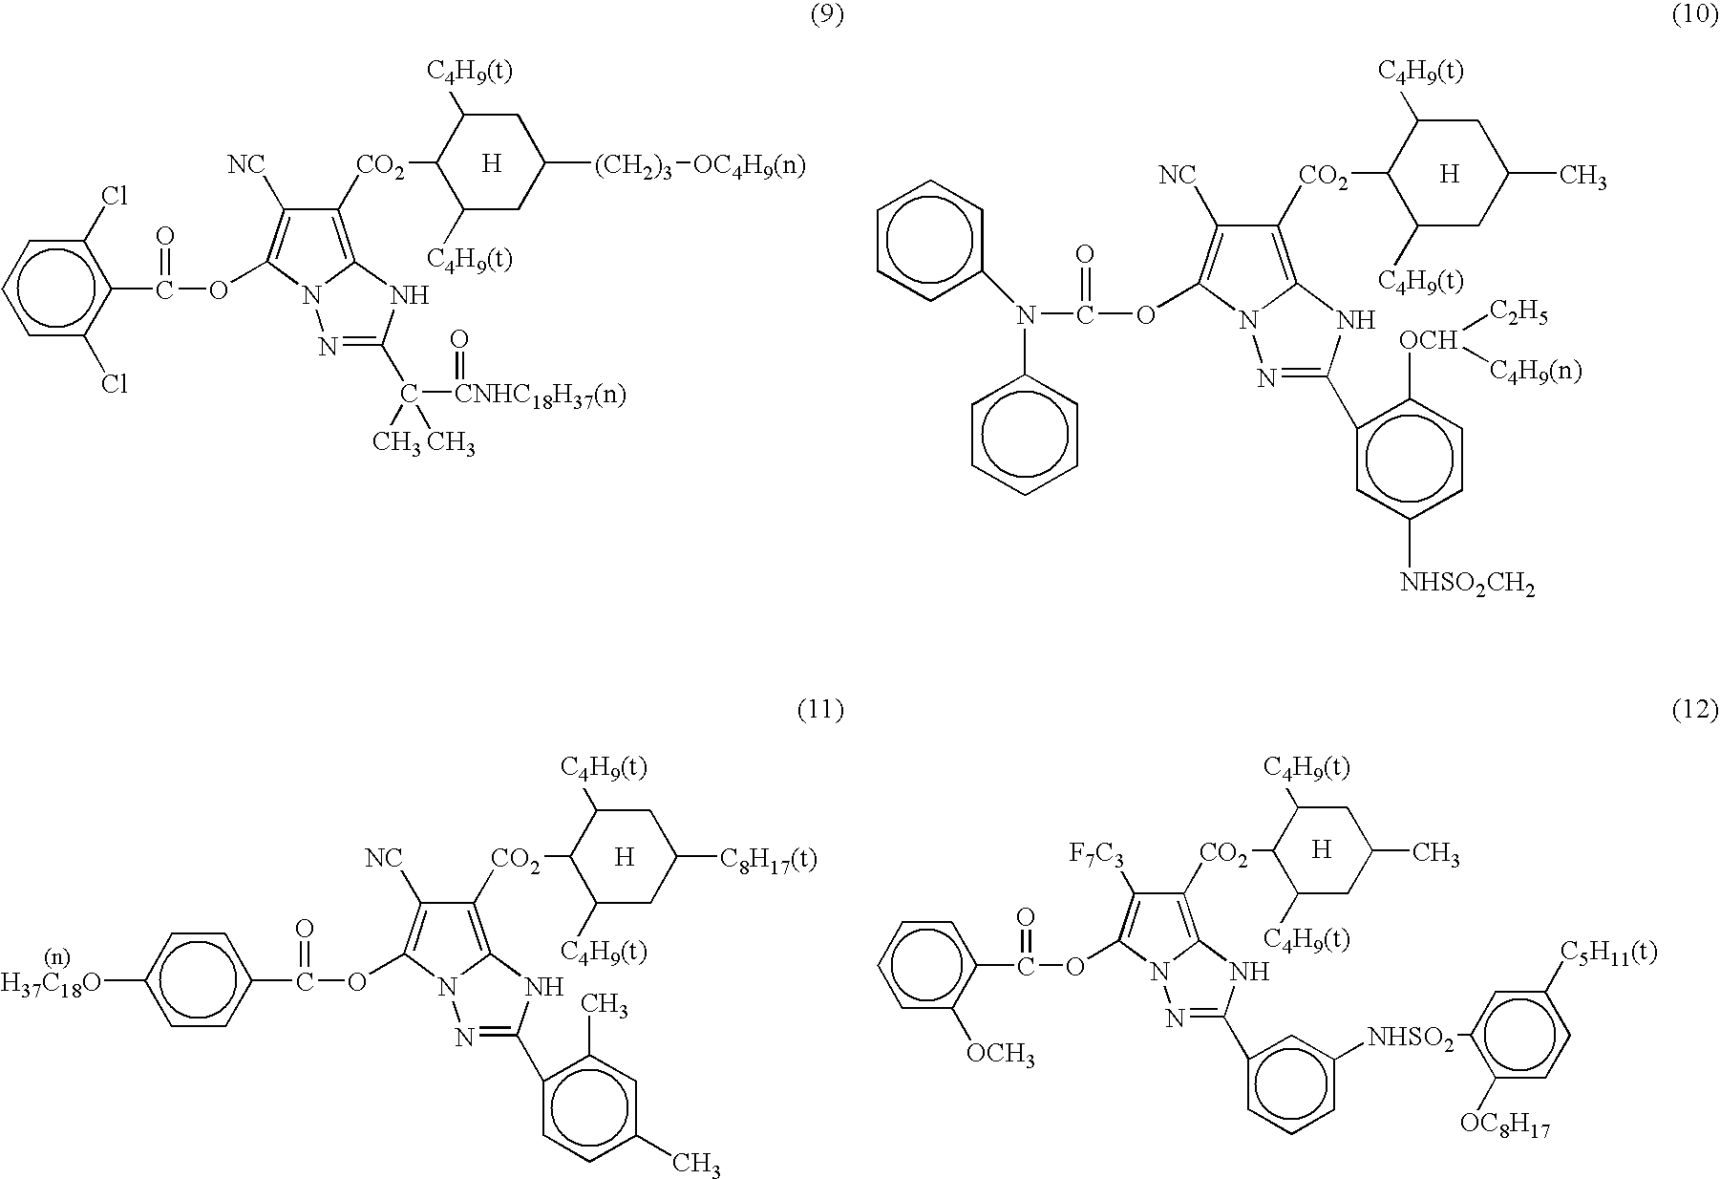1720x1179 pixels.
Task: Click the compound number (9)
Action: pyautogui.click(x=827, y=16)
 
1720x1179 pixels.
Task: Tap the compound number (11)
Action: pyautogui.click(x=820, y=710)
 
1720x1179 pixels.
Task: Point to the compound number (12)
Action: pyautogui.click(x=1696, y=710)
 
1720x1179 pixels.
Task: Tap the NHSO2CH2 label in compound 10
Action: pyautogui.click(x=1467, y=583)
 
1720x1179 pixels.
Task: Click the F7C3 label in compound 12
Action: pyautogui.click(x=1096, y=852)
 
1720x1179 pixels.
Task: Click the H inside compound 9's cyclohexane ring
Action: pyautogui.click(x=491, y=164)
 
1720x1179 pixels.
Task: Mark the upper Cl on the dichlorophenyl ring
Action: pyautogui.click(x=115, y=197)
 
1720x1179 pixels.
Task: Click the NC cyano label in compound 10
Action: pyautogui.click(x=1177, y=176)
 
